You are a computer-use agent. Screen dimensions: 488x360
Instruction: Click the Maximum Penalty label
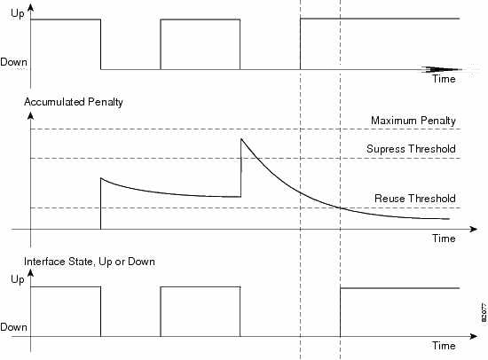pyautogui.click(x=413, y=121)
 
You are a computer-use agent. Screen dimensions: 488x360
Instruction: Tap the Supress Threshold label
pyautogui.click(x=411, y=149)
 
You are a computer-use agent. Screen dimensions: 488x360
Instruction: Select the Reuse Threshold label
pyautogui.click(x=415, y=199)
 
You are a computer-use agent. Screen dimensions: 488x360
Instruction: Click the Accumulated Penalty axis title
pyautogui.click(x=74, y=102)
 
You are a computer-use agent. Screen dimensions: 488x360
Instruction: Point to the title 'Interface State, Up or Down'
pyautogui.click(x=90, y=262)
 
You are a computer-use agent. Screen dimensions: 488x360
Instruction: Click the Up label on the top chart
pyautogui.click(x=17, y=13)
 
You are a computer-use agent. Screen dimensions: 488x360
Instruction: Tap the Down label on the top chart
pyautogui.click(x=13, y=62)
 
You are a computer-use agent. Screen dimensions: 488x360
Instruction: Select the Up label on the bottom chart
pyautogui.click(x=17, y=278)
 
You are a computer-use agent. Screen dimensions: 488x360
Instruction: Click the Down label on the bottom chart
pyautogui.click(x=13, y=327)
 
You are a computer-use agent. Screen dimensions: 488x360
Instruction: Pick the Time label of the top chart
pyautogui.click(x=444, y=79)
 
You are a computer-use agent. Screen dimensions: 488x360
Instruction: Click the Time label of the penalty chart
pyautogui.click(x=444, y=239)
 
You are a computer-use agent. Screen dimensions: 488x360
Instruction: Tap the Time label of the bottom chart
pyautogui.click(x=444, y=346)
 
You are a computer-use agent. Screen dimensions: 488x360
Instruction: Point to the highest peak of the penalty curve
pyautogui.click(x=241, y=139)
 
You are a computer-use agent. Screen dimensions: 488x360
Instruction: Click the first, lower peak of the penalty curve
pyautogui.click(x=101, y=178)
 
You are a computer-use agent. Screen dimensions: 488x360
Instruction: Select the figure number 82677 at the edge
pyautogui.click(x=484, y=312)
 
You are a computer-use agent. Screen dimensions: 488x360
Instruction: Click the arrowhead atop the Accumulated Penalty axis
pyautogui.click(x=30, y=116)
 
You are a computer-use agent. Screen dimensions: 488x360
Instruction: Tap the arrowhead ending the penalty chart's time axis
pyautogui.click(x=474, y=229)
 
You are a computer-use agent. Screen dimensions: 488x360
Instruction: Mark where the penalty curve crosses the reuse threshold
pyautogui.click(x=340, y=207)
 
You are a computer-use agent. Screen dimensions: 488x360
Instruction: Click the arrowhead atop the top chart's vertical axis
pyautogui.click(x=30, y=7)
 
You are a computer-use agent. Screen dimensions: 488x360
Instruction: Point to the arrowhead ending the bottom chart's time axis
pyautogui.click(x=474, y=336)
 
